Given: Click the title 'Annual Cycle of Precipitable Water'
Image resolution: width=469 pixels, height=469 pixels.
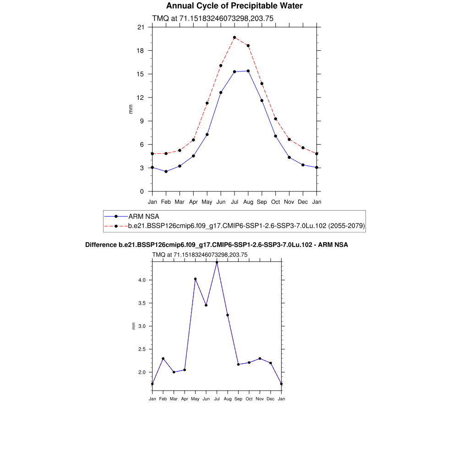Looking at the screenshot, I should (x=234, y=6).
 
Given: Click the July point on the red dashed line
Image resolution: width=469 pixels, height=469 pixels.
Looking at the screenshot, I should (x=234, y=38).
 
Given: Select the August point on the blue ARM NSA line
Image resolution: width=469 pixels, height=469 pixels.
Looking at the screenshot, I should (x=248, y=71).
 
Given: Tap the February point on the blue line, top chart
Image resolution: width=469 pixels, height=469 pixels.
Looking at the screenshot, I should (x=166, y=171).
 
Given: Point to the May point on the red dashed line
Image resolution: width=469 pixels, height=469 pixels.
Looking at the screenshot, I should (x=207, y=103).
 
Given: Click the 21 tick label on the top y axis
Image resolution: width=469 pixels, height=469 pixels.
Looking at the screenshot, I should (x=141, y=27).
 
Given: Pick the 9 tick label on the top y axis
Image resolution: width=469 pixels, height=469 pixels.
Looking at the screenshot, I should (x=142, y=121).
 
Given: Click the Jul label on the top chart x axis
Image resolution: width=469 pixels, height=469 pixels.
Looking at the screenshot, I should (x=234, y=202).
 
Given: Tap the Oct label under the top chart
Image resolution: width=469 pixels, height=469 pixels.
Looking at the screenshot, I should (x=275, y=202).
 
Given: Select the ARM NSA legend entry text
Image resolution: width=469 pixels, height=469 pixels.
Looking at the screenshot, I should (x=143, y=216).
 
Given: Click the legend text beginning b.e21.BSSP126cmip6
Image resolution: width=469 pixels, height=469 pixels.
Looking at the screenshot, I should (x=246, y=226).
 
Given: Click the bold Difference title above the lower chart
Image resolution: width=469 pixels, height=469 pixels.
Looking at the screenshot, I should (x=217, y=245).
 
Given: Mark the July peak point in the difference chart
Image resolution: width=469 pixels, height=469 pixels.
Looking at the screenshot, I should (x=217, y=262).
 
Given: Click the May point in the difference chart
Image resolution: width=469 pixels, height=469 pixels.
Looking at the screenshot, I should (x=195, y=279).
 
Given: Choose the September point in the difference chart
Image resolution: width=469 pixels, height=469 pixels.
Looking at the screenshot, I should (x=238, y=365).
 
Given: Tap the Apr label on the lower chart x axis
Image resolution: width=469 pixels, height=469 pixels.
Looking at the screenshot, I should (x=185, y=399).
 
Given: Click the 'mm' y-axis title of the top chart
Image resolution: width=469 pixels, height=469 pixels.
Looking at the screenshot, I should (x=131, y=109).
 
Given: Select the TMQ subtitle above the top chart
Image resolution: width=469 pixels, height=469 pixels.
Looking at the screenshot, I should (x=213, y=19).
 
